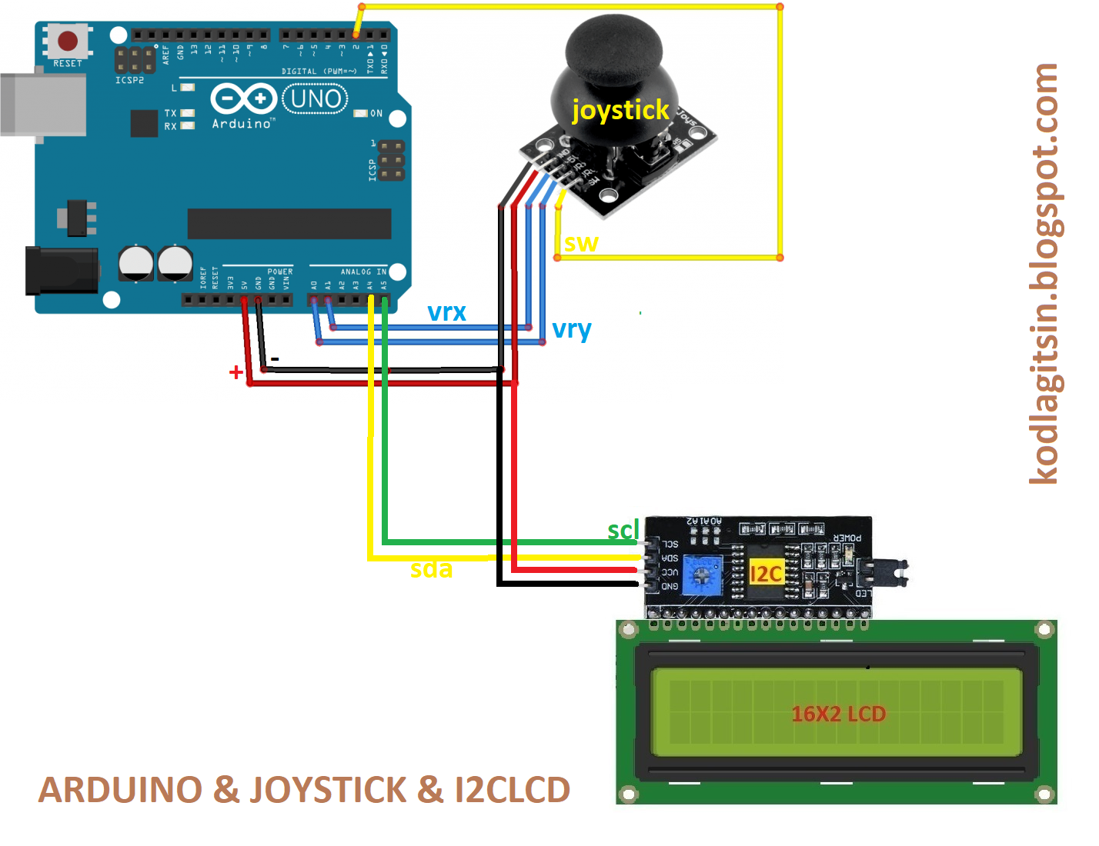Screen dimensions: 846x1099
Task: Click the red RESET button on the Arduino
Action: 68,40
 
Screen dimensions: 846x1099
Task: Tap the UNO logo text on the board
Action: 316,98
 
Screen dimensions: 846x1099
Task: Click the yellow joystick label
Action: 620,110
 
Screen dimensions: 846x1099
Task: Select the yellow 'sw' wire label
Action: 581,243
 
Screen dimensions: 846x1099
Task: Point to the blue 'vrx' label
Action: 446,312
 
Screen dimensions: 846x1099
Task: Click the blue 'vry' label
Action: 572,329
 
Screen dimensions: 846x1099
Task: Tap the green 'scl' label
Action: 623,530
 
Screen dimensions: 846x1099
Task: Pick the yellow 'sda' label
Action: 431,569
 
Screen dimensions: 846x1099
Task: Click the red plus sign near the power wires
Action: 236,373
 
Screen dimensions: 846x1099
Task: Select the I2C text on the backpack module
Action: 766,574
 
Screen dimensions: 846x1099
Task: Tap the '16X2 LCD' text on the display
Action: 838,714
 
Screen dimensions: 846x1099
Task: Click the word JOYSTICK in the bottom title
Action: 329,790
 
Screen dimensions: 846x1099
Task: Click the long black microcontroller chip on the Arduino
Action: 289,224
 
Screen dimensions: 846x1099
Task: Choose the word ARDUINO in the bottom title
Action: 109,790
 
